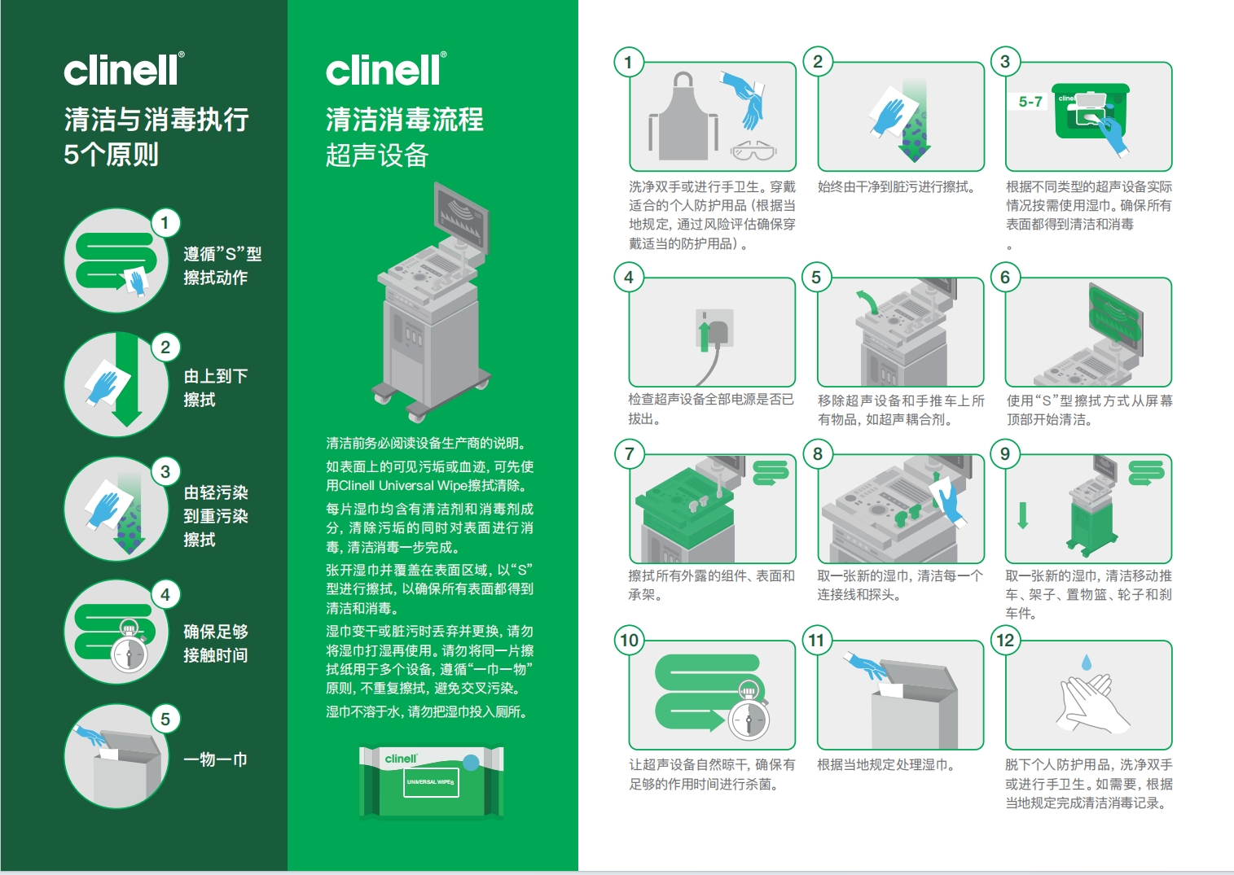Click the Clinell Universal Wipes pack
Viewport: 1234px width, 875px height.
click(432, 781)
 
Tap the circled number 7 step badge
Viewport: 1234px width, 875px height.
click(629, 453)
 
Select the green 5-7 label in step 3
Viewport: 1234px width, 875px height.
click(1030, 101)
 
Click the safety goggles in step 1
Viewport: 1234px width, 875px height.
click(753, 150)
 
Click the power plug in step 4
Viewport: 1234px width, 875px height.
click(716, 332)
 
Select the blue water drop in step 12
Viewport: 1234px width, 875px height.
click(1087, 663)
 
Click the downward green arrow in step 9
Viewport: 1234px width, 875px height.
click(1023, 515)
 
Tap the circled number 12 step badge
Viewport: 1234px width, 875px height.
click(1005, 641)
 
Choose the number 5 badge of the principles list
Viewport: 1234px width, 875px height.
click(165, 720)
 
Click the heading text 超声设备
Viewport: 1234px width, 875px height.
click(377, 155)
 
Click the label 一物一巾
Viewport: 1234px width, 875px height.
click(215, 760)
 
